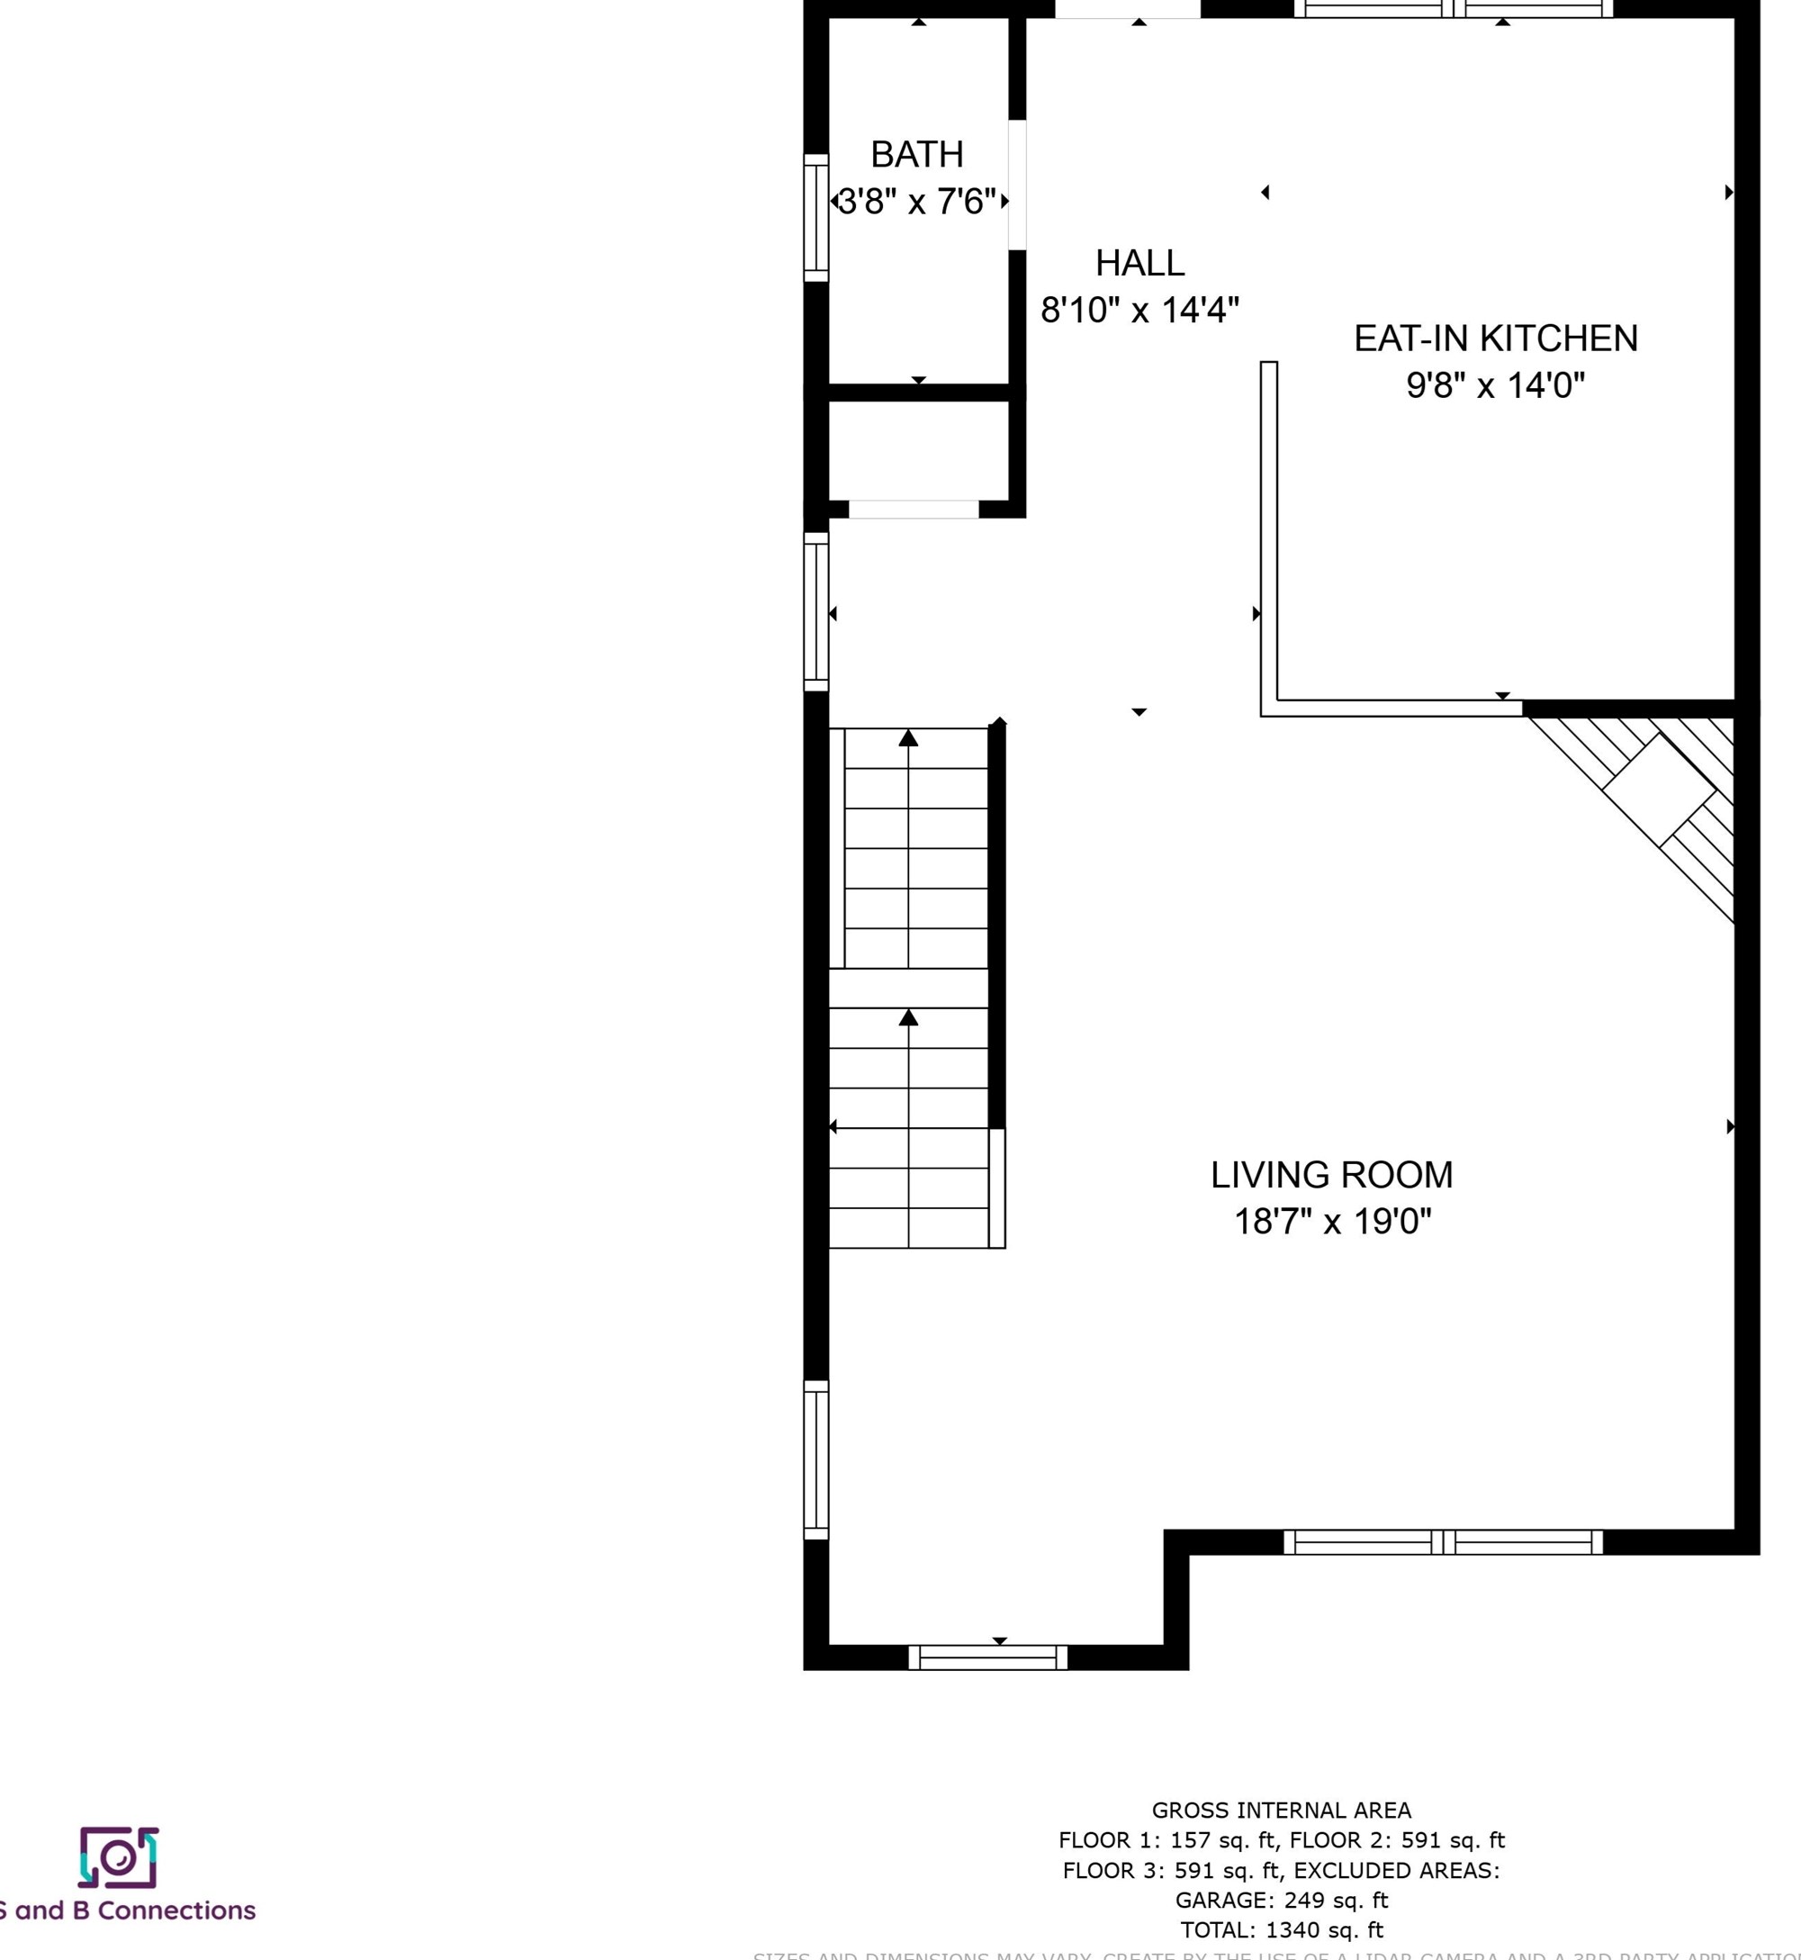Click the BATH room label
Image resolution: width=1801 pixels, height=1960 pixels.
[916, 154]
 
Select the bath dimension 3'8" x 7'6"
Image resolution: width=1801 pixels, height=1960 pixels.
[917, 202]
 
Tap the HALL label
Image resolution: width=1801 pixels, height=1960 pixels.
[1139, 263]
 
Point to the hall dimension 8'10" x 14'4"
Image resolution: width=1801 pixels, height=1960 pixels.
[1139, 310]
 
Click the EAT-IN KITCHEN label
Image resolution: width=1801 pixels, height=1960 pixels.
[1495, 339]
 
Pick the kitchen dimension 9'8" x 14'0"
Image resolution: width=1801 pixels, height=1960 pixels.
[1495, 385]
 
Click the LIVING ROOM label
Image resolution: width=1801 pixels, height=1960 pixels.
[1331, 1174]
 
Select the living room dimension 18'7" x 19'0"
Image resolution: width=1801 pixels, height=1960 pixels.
[1331, 1221]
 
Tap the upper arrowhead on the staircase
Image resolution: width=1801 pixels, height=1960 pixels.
[908, 737]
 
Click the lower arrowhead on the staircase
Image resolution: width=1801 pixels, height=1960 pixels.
[908, 1017]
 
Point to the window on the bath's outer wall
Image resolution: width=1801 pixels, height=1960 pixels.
[815, 217]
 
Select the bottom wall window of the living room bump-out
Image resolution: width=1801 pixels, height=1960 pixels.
[987, 1657]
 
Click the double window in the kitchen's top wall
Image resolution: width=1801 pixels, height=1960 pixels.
[1452, 9]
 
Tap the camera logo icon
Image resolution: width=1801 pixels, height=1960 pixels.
[118, 1856]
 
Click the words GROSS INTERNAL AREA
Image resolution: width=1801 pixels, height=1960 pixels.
[1281, 1810]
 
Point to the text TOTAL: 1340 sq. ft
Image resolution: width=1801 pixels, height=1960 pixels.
[1281, 1928]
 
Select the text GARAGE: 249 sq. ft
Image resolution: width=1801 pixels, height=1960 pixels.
[1281, 1900]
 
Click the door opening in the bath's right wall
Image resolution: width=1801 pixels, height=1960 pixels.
[1016, 185]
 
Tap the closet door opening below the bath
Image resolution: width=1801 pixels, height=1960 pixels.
[914, 509]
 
